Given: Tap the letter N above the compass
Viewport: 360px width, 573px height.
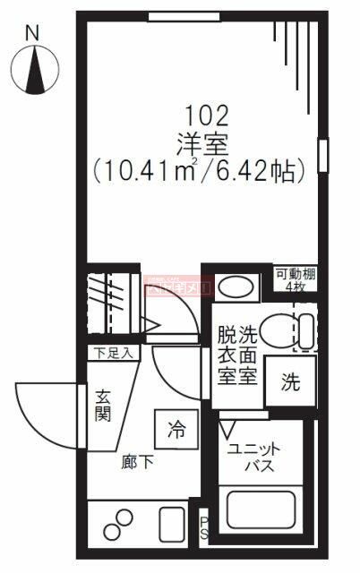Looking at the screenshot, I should [x=33, y=32].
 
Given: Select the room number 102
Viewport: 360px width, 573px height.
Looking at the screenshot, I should [x=206, y=115].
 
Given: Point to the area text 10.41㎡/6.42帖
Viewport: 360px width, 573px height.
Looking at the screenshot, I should [x=206, y=167].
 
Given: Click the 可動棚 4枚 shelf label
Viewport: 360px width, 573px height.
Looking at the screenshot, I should [x=295, y=280].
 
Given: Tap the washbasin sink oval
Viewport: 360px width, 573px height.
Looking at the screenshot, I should [x=236, y=287].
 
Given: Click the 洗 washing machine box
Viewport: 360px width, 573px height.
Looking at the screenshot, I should [x=290, y=381].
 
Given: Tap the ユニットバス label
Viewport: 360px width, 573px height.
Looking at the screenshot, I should [x=254, y=458].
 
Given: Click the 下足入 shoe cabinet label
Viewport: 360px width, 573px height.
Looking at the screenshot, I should [x=110, y=352].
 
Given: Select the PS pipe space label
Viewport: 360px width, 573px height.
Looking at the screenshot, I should [x=203, y=529].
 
